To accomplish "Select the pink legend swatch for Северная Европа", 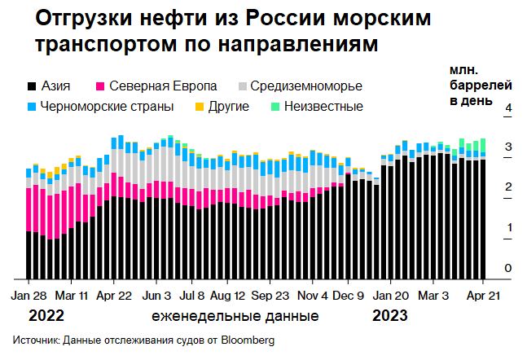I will [100, 86].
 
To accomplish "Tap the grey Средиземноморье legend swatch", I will [243, 86].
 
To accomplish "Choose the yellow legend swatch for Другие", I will [200, 107].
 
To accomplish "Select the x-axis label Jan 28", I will [31, 296].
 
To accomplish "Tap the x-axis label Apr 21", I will [482, 296].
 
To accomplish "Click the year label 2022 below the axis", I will [46, 315].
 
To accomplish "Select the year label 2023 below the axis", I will [391, 315].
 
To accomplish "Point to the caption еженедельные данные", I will [235, 315].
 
